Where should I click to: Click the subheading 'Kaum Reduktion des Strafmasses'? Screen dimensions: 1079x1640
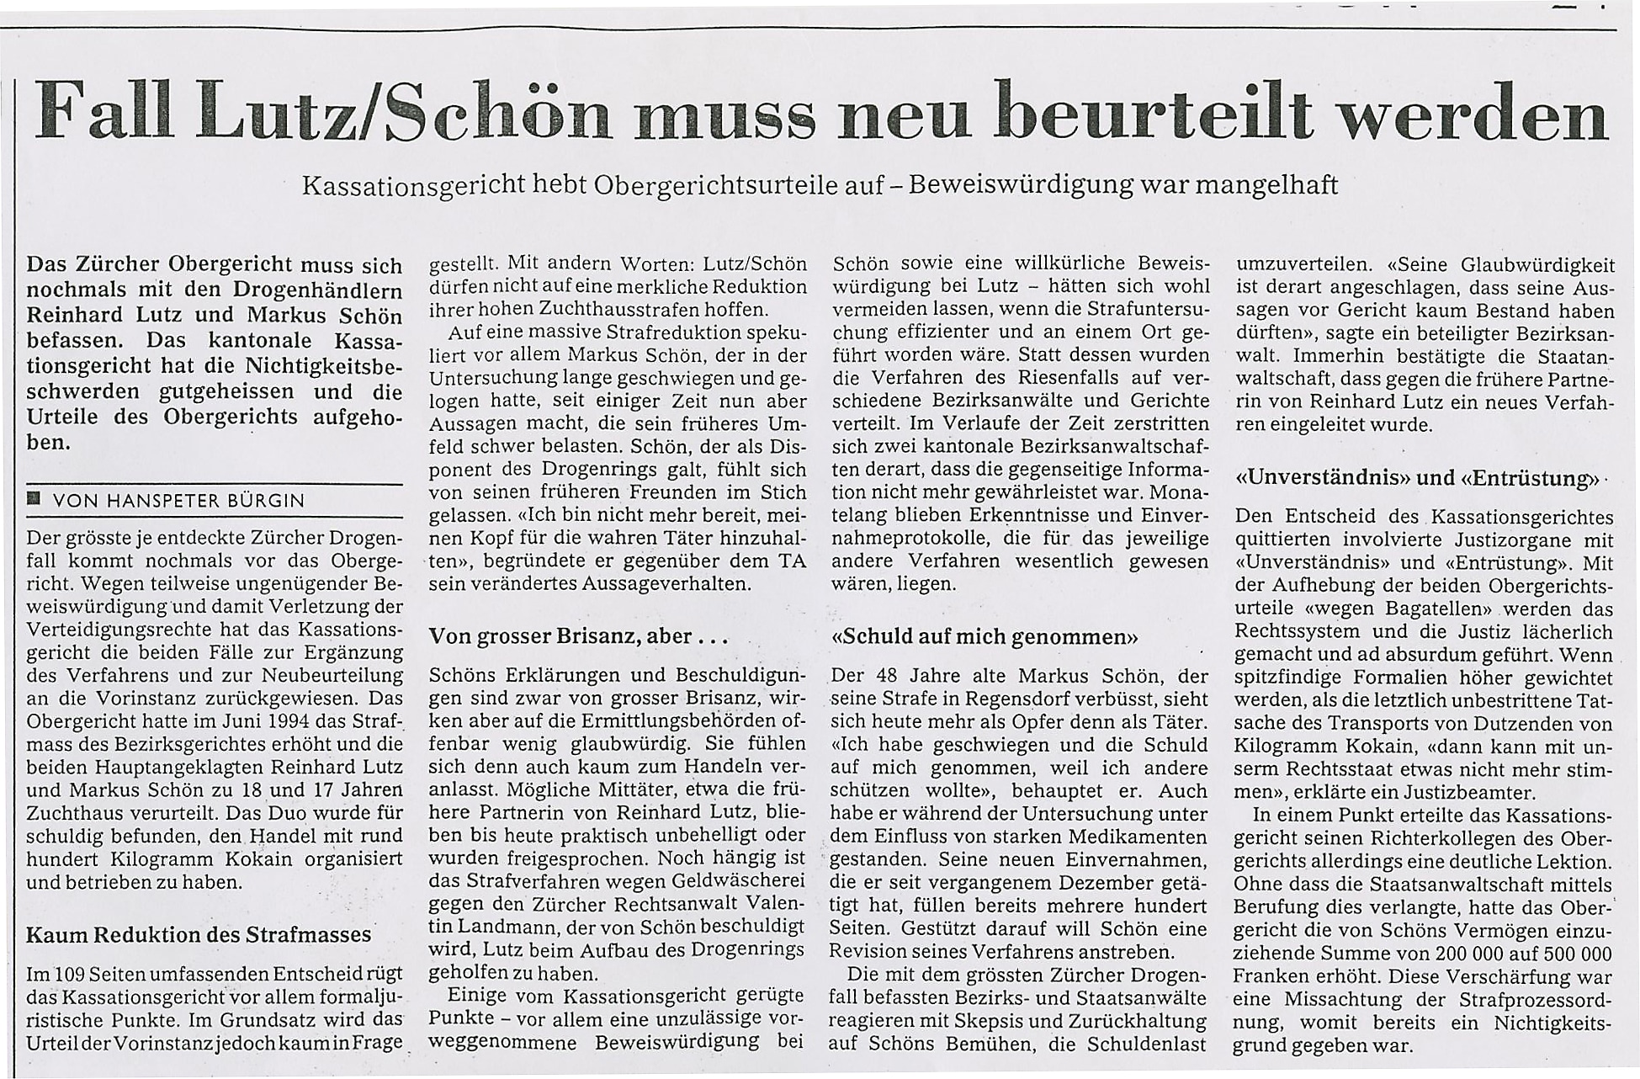pyautogui.click(x=199, y=934)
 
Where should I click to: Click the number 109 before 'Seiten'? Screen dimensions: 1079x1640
pyautogui.click(x=68, y=975)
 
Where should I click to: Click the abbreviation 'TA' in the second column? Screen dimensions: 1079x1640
pyautogui.click(x=790, y=561)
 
